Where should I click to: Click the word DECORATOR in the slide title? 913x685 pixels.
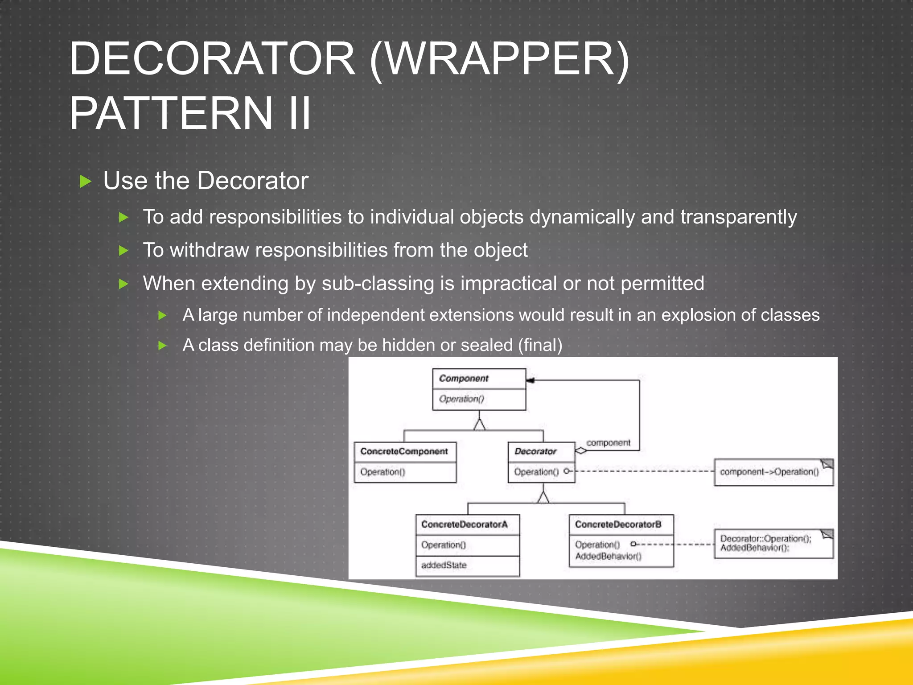coord(212,59)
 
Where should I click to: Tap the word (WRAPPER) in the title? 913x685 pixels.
coord(499,60)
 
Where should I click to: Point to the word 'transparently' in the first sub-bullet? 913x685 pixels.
coord(738,217)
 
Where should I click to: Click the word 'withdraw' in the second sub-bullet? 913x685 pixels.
coord(209,250)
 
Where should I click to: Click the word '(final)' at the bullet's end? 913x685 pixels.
coord(540,345)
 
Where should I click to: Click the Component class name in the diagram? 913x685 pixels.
coord(464,379)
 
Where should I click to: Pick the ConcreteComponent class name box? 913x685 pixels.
coord(404,451)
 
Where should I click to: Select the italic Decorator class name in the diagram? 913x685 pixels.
coord(535,451)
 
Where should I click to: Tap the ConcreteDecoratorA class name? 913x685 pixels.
coord(464,524)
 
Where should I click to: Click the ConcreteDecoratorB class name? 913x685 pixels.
coord(618,524)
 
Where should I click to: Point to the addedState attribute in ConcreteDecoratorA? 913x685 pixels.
coord(444,565)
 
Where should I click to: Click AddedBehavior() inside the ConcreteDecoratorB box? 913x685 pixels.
coord(608,556)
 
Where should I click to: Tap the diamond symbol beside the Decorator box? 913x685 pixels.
coord(581,450)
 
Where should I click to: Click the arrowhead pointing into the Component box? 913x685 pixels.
coord(531,380)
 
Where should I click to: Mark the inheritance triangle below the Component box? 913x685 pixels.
coord(479,425)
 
